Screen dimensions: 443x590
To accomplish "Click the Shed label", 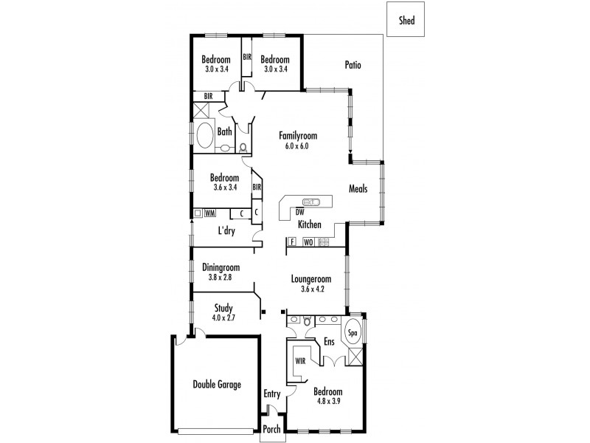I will click(406, 21).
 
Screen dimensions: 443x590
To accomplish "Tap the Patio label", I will click(353, 65).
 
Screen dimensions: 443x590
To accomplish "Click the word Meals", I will click(359, 188).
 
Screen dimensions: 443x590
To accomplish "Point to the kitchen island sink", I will click(312, 201).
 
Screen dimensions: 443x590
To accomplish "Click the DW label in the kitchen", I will click(299, 212).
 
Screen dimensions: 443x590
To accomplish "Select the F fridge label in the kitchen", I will click(292, 241).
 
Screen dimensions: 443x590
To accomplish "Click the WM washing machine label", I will click(209, 213).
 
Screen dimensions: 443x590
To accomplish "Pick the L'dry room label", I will click(226, 230).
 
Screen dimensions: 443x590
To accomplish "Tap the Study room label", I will click(223, 308).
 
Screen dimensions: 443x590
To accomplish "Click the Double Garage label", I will click(217, 384).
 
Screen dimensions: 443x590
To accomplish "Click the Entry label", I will click(273, 394).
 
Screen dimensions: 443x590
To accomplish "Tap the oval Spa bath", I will click(353, 333).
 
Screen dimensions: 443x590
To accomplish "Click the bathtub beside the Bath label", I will click(204, 137).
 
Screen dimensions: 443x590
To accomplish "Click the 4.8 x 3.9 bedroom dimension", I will click(327, 401).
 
